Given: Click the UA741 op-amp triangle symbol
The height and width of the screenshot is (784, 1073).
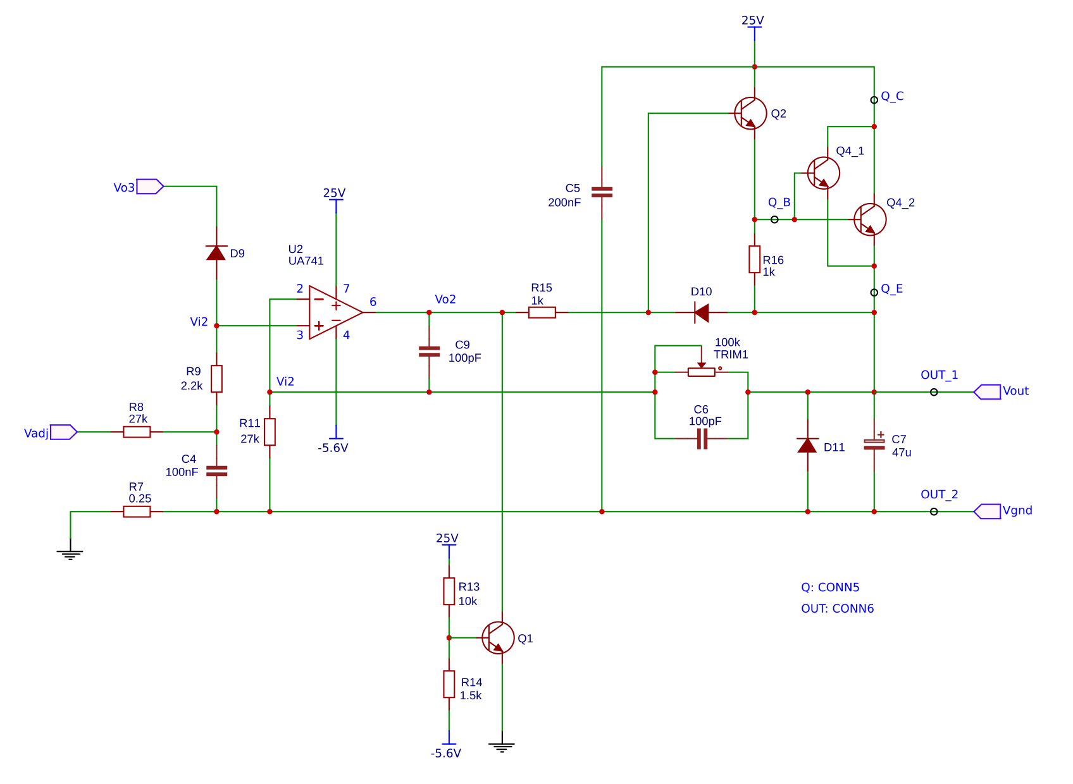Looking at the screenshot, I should pos(334,312).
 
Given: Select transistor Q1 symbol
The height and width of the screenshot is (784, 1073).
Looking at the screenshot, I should pos(499,637).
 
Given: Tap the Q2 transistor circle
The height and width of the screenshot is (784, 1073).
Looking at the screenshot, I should pos(750,114).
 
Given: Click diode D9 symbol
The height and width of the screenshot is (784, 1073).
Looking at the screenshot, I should pos(216,253).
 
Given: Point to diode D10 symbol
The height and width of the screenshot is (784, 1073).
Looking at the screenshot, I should pos(701,312).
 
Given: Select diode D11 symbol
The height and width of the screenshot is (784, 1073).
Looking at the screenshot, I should pos(807,445).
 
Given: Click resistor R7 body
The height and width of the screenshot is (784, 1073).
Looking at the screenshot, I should pos(137,511).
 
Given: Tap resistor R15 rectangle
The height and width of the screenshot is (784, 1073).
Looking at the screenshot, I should pos(542,312).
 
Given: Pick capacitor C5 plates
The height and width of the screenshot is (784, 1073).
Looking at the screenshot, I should pos(602,192).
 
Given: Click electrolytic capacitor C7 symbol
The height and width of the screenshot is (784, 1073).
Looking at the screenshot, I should pos(874,444).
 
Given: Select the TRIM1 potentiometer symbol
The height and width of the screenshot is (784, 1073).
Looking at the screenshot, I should pos(701,372).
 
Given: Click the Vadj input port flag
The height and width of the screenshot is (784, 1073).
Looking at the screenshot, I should pos(63,432).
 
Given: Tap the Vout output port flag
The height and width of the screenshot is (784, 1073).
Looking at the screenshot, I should pos(987,392).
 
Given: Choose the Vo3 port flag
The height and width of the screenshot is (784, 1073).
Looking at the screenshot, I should pos(150,187).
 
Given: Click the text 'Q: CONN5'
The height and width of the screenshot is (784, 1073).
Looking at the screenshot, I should pos(830,587).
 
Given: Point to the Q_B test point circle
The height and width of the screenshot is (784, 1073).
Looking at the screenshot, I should pos(774,219).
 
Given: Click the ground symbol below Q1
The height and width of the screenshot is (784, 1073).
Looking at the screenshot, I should pos(502,747).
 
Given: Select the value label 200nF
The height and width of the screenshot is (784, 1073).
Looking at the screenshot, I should pos(564,203).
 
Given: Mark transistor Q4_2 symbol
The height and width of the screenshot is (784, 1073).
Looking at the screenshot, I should pos(870,219).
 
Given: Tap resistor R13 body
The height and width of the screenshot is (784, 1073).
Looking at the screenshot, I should pos(449,591).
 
